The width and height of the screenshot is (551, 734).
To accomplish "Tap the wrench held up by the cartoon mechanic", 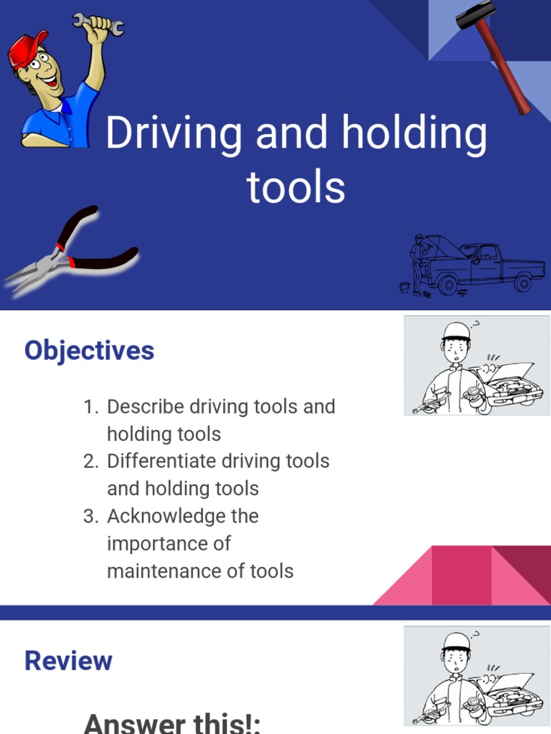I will [98, 23].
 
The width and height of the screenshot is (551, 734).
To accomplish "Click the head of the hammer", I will [474, 16].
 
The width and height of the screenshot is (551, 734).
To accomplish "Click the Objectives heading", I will [89, 351].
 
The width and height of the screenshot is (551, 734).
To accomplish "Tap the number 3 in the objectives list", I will [90, 516].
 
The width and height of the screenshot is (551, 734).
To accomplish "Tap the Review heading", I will [68, 661].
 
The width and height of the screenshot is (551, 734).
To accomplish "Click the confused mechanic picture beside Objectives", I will [476, 366].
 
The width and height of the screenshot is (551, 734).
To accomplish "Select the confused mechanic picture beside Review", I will [476, 675].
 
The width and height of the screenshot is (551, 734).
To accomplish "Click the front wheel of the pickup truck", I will [448, 285].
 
